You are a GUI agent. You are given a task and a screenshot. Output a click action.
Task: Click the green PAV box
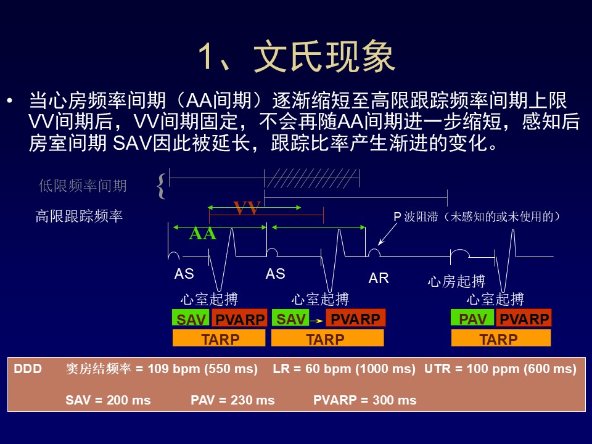472,318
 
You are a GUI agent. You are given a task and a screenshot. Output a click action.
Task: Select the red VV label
247,208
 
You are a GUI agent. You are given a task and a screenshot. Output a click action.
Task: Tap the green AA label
203,234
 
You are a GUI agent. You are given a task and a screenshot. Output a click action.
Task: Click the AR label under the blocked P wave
379,278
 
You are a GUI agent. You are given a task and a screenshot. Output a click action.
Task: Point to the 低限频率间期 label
83,186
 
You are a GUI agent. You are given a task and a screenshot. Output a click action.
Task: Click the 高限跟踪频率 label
79,216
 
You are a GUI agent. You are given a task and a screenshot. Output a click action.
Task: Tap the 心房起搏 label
456,281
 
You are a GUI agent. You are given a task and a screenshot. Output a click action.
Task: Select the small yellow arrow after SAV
317,321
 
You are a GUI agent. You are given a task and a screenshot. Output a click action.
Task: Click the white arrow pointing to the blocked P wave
387,234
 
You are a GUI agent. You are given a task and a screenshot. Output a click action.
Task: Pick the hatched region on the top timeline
311,178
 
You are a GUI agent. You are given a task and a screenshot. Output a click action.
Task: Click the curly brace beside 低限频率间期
161,186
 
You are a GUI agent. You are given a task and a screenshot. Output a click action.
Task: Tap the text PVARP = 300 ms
364,400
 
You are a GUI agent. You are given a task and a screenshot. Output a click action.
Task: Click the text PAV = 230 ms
232,400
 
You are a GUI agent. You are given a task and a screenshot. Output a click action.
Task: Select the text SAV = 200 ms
108,400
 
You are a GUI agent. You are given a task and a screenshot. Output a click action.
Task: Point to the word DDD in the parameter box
28,369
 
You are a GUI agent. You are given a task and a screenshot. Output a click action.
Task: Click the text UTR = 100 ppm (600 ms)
500,369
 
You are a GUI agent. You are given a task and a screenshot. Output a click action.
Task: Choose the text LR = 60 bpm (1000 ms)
344,369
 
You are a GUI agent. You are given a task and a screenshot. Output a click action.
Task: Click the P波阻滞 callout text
477,216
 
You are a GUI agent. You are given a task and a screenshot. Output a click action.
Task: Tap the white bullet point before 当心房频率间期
10,101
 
